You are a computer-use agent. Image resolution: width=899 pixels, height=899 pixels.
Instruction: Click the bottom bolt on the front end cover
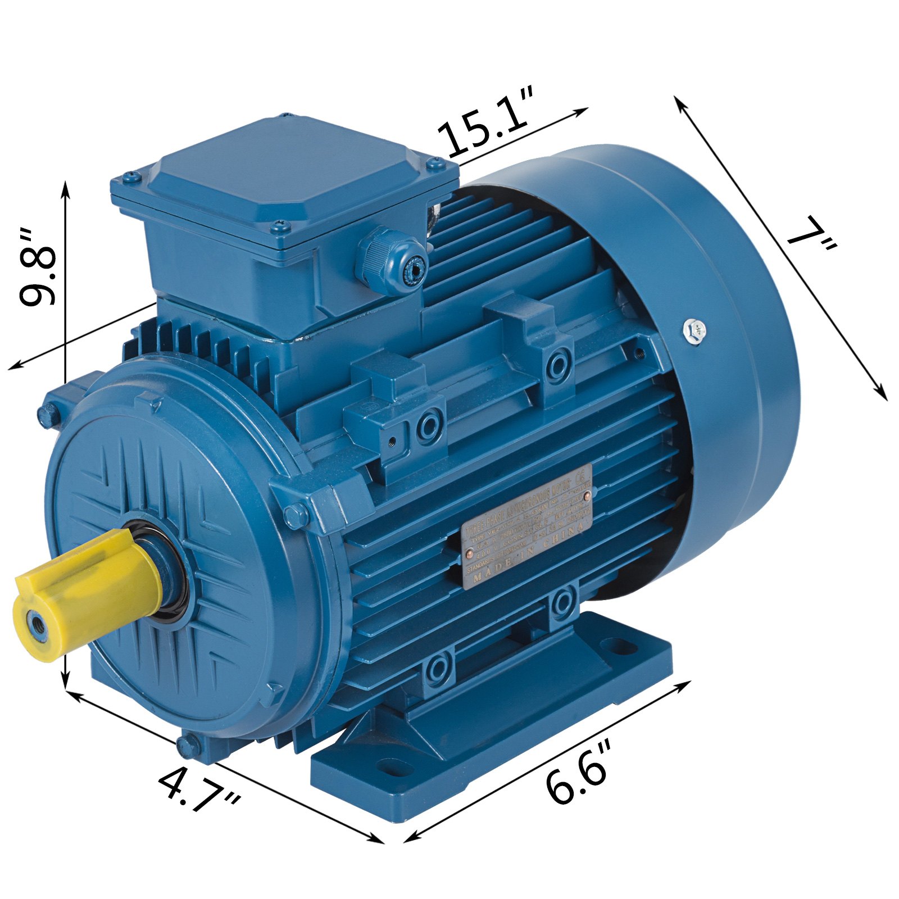189,745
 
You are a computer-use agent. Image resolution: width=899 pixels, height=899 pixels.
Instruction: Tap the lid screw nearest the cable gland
279,228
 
